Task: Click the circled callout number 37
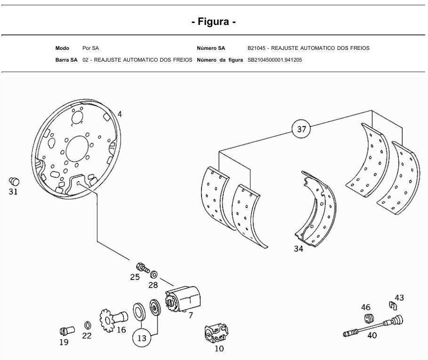[301, 129]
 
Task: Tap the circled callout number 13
[142, 338]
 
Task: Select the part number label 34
[299, 249]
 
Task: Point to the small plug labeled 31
[14, 181]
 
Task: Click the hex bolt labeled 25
[143, 268]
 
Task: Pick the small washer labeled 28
[154, 274]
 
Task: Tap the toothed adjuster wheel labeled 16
[113, 320]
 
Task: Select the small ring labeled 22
[88, 325]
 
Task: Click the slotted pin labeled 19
[67, 330]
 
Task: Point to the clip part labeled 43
[393, 306]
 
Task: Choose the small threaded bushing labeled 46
[369, 319]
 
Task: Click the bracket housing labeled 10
[216, 333]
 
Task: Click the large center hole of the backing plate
[78, 149]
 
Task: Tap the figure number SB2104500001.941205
[275, 60]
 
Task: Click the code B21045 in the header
[256, 48]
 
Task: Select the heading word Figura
[213, 21]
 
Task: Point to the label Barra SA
[66, 60]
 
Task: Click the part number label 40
[372, 335]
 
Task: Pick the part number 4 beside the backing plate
[120, 114]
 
